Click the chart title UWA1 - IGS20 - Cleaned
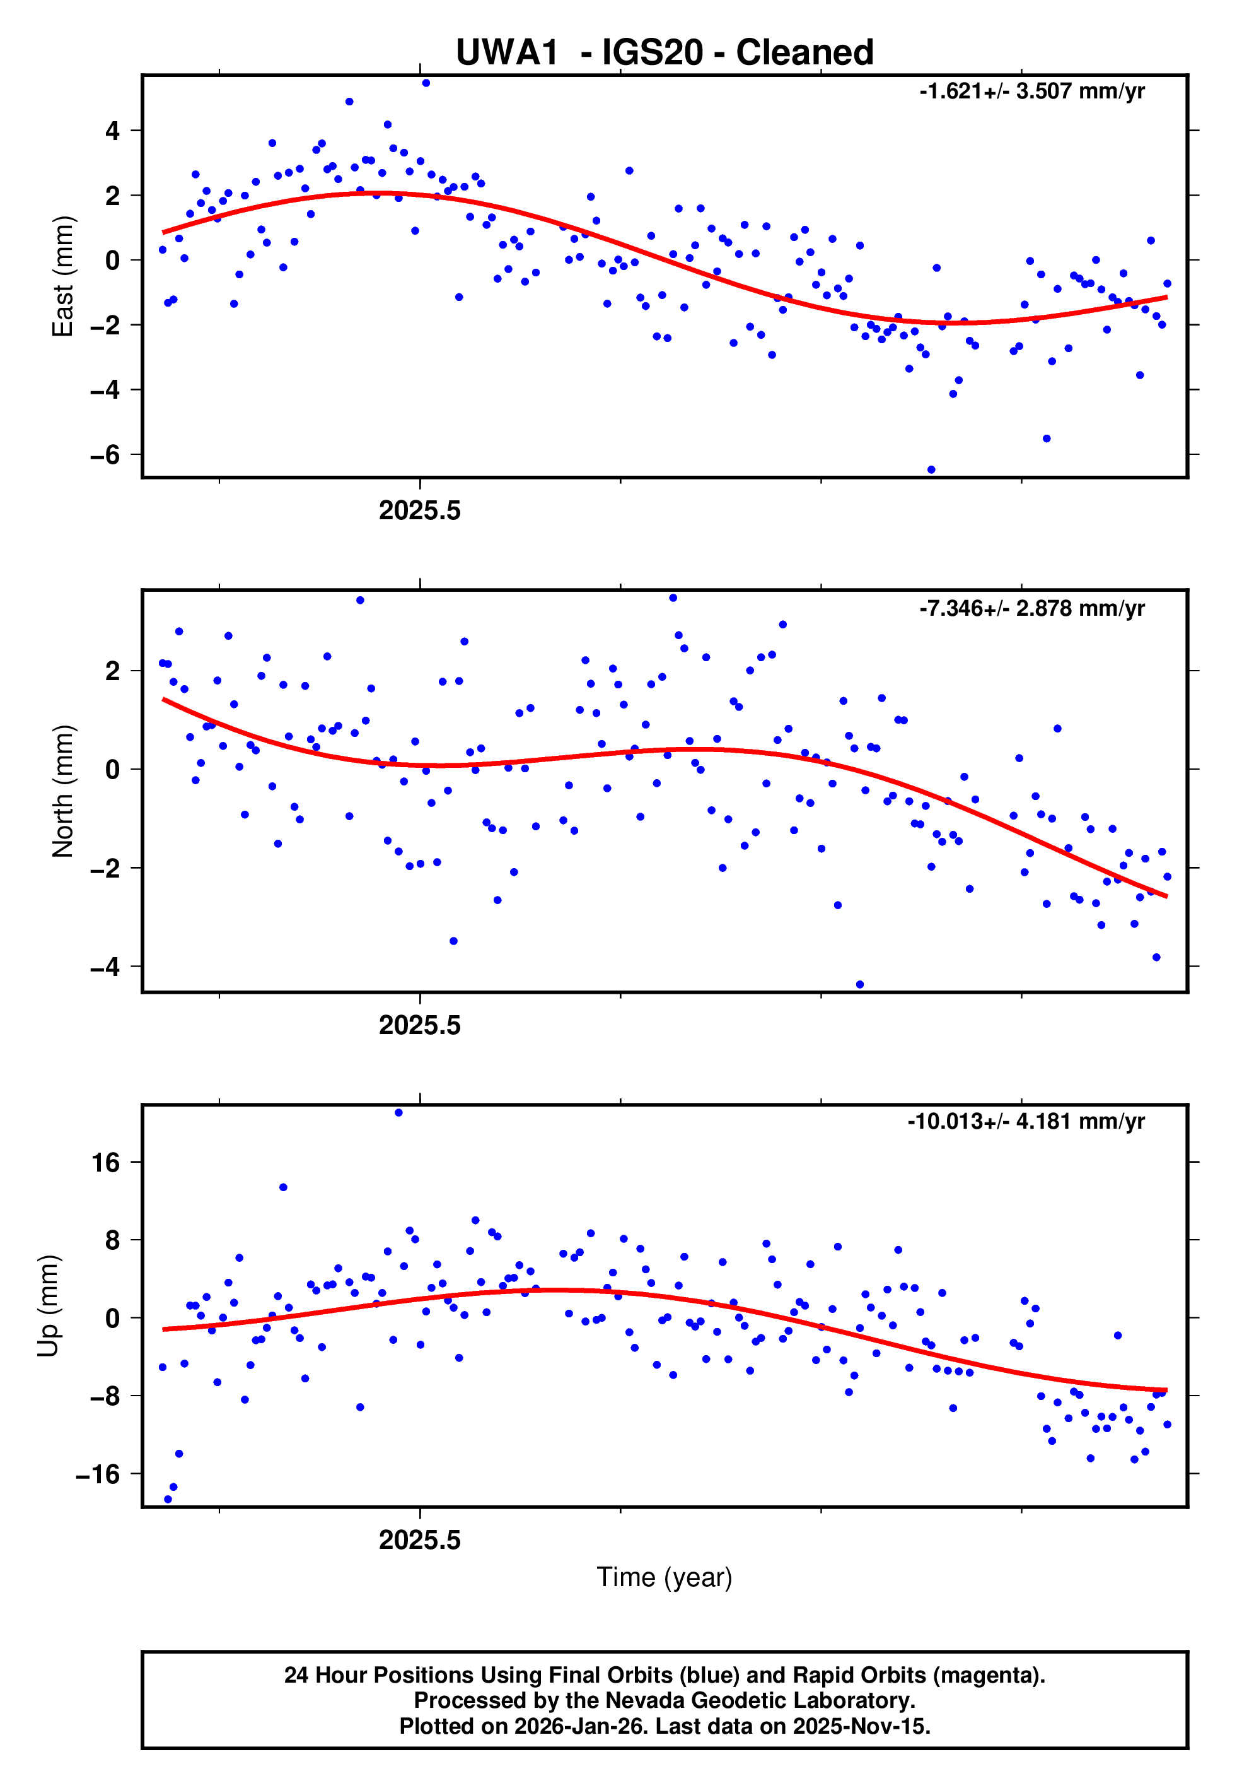point(665,53)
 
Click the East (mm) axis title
point(62,276)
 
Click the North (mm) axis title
point(62,791)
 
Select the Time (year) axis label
point(665,1577)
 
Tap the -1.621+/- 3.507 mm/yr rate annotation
point(1031,91)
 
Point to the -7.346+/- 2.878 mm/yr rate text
point(1031,608)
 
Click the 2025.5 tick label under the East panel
point(419,511)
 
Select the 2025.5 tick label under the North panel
point(419,1026)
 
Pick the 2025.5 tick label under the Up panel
point(419,1540)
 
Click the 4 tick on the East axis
point(113,131)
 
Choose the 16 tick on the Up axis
point(105,1162)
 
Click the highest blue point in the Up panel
point(398,1113)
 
